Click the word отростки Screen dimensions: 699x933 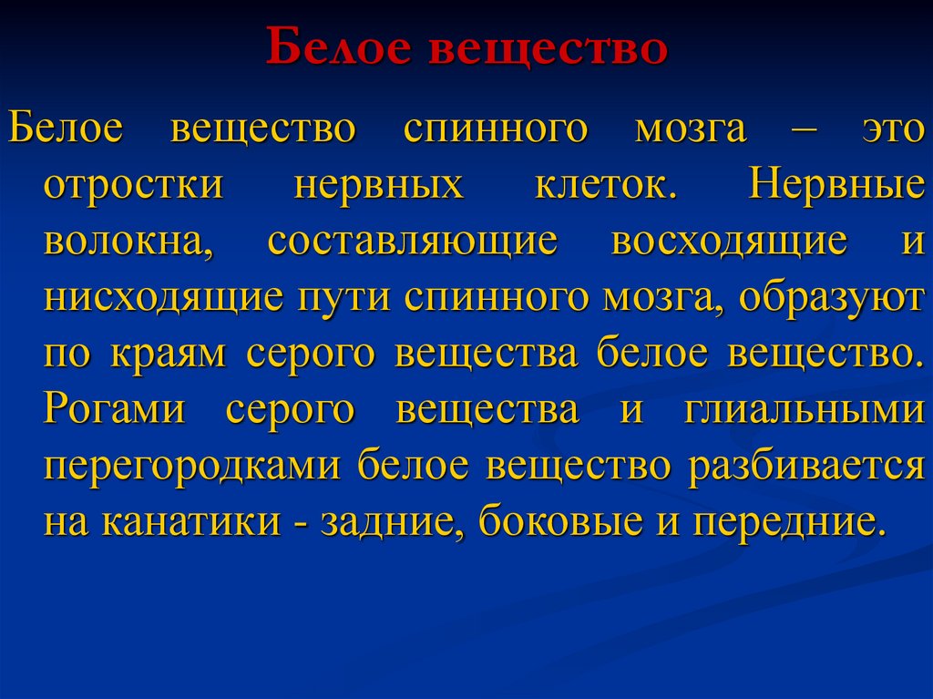pyautogui.click(x=133, y=184)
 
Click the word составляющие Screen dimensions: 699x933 pyautogui.click(x=412, y=242)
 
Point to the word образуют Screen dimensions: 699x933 pyautogui.click(x=831, y=298)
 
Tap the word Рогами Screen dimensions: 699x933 pyautogui.click(x=114, y=410)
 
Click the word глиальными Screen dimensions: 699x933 pyautogui.click(x=803, y=410)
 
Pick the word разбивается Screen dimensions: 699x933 pyautogui.click(x=806, y=467)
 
